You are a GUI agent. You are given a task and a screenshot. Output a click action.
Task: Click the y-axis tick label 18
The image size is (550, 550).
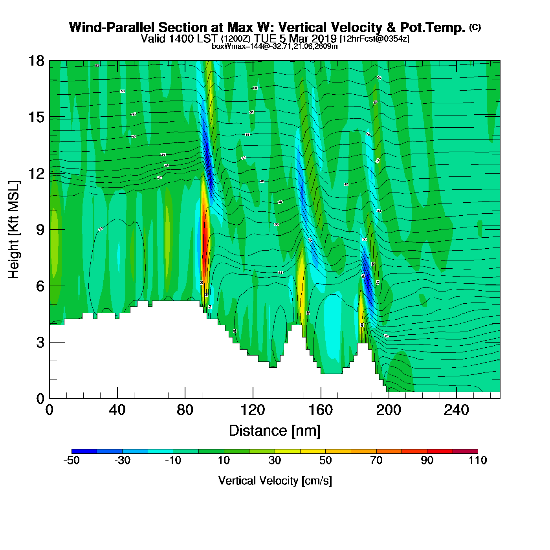click(x=36, y=61)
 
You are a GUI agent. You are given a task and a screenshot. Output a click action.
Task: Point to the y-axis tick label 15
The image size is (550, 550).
click(x=36, y=117)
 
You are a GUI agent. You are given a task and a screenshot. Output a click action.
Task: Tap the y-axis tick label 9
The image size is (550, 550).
click(x=40, y=229)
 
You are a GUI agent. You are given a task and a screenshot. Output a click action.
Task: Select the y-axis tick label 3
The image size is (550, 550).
click(x=40, y=342)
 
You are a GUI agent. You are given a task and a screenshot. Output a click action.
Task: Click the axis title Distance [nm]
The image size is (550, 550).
click(x=275, y=431)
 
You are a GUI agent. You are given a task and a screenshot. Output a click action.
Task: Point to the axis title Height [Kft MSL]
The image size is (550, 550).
click(x=14, y=230)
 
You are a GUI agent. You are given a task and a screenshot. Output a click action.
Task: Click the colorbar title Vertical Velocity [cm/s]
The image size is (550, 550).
click(x=275, y=480)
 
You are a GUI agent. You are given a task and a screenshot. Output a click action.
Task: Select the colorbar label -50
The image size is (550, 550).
click(x=71, y=460)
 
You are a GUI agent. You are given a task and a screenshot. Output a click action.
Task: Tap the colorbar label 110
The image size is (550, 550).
click(x=478, y=460)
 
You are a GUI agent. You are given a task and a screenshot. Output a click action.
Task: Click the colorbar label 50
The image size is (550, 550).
click(x=325, y=460)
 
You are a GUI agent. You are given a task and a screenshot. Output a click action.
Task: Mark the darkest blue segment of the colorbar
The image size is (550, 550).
click(x=84, y=451)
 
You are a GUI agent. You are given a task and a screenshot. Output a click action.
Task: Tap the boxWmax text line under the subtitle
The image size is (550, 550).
click(x=275, y=46)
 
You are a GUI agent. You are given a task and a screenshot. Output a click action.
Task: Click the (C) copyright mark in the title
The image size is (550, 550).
click(x=475, y=27)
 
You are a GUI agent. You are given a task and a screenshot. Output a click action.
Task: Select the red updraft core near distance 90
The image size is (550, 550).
click(x=204, y=236)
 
